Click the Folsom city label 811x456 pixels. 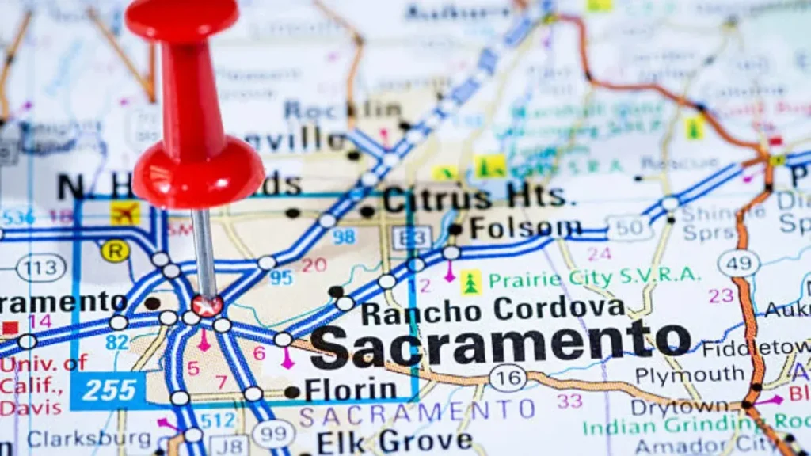tap(525, 229)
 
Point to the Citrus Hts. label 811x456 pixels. tap(474, 199)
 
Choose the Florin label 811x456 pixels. tap(350, 389)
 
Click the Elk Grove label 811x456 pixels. tap(394, 441)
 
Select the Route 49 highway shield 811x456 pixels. tap(738, 263)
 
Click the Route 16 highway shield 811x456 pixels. tap(508, 378)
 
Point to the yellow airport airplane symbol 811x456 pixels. tap(124, 212)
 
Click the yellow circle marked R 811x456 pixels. tap(115, 251)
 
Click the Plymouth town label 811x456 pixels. tap(679, 374)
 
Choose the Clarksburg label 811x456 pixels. tap(89, 439)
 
